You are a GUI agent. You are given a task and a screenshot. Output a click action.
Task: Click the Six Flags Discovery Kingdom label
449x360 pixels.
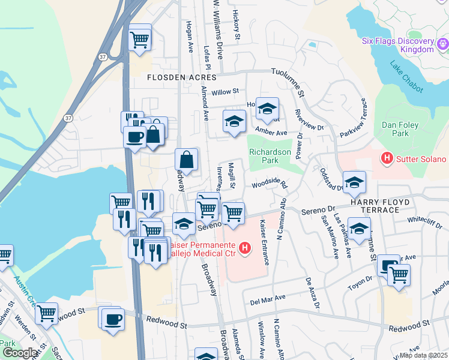point(398,45)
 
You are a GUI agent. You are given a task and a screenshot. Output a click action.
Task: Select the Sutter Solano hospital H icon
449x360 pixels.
point(387,158)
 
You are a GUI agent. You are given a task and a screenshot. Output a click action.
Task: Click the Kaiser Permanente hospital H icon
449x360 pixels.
point(244,247)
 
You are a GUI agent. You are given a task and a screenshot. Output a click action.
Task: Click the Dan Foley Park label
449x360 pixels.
point(399,130)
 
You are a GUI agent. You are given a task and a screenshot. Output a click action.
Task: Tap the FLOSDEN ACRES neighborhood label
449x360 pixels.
point(182,78)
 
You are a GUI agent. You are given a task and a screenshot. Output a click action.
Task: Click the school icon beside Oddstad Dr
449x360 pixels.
point(354,182)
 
